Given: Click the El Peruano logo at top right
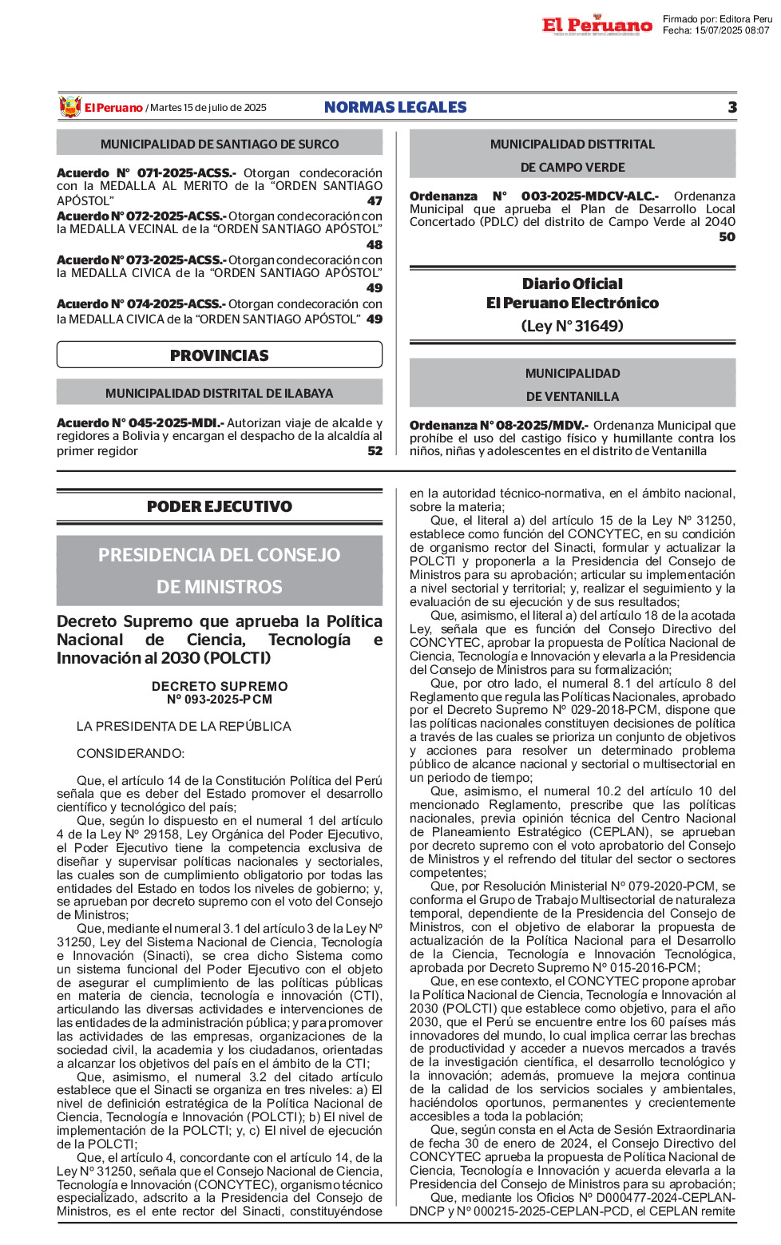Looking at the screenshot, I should click(597, 25).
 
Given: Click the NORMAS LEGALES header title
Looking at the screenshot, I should click(395, 107).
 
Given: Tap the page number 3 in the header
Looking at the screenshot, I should click(731, 107).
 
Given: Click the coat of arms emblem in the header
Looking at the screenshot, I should click(70, 107).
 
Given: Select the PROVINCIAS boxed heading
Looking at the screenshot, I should click(220, 355).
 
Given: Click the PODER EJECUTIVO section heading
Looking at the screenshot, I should click(220, 506).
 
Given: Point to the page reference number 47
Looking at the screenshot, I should click(375, 201).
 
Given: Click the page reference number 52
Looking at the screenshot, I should click(375, 451).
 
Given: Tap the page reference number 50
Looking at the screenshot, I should click(727, 237).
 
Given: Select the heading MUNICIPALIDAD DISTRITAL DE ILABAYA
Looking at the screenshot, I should click(220, 393).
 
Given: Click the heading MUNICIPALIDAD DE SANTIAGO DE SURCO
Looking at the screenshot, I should click(220, 145).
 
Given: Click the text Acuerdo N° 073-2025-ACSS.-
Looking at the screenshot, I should click(141, 260).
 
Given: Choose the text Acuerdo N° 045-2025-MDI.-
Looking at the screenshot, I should click(140, 423).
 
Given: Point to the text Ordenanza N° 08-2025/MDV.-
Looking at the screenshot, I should click(499, 426).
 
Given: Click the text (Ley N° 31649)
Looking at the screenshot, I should click(572, 326).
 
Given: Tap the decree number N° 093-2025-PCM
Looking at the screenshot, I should click(220, 700).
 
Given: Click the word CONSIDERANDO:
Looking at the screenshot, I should click(130, 754).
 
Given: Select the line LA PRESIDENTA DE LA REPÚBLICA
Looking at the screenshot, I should click(184, 727).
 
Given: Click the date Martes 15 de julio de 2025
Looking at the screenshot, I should click(208, 108).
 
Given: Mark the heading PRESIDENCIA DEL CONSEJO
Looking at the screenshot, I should click(220, 555).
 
